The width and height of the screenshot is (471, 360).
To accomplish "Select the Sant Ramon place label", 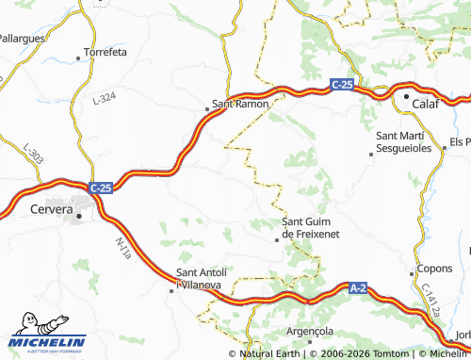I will point(240,103).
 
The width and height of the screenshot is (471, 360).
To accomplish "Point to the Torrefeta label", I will point(105,52).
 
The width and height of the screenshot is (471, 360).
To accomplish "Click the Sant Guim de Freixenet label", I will point(311,226).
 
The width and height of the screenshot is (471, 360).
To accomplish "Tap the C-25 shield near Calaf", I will point(342,85).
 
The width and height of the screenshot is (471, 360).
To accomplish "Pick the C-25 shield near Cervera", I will point(101,188).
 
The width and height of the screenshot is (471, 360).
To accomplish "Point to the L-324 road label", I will point(105,97).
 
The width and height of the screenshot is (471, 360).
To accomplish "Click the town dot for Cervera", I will point(79,216).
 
